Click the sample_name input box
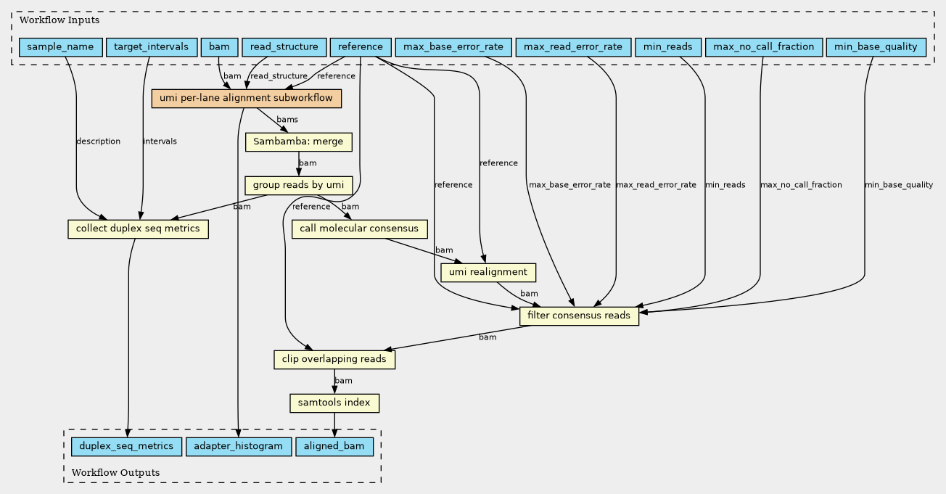pos(61,47)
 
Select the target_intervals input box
pos(152,47)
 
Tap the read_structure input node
pos(284,47)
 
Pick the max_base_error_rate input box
pos(453,47)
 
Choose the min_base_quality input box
pos(876,47)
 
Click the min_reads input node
pos(668,47)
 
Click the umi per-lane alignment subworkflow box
pos(247,99)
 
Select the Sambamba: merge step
pos(299,142)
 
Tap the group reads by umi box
pos(299,186)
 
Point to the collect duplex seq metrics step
pos(138,229)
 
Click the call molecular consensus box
pos(359,229)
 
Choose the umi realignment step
pos(488,272)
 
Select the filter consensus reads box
pos(579,316)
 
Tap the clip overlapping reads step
pos(334,359)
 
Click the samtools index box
pos(334,403)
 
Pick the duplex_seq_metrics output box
pos(127,447)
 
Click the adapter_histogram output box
pos(239,447)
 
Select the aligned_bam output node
pos(334,447)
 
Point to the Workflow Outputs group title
pos(116,472)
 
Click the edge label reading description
pos(99,141)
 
